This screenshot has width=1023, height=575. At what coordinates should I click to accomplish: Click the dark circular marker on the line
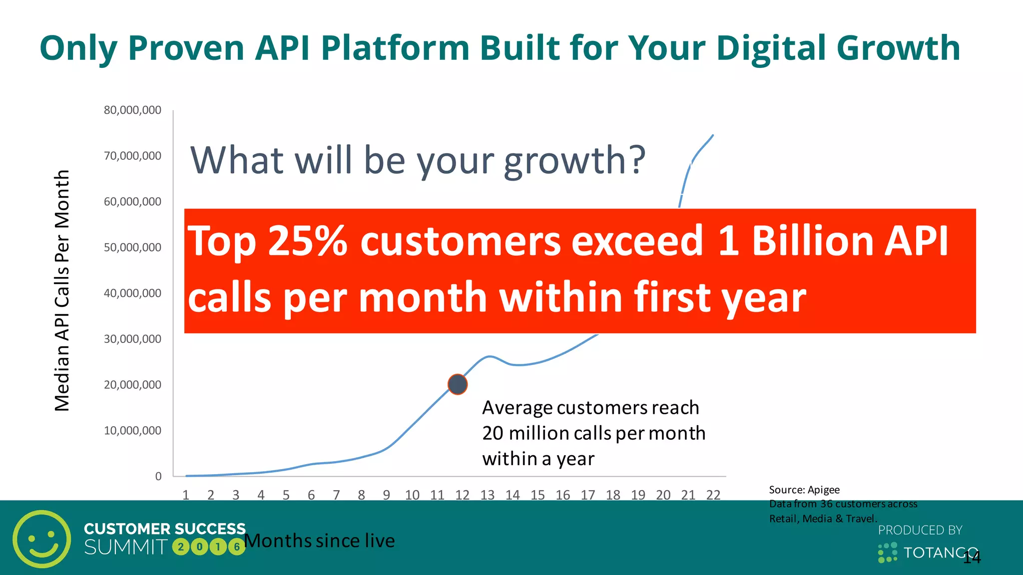point(457,384)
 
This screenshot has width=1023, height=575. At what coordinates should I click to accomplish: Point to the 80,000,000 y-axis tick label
point(132,110)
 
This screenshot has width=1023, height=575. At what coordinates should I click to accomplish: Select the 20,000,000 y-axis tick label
point(132,385)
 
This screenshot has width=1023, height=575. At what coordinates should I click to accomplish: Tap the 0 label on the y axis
point(158,476)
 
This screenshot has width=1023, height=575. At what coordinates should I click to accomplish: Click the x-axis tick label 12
point(462,495)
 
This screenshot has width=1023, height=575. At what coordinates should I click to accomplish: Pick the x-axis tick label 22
point(713,495)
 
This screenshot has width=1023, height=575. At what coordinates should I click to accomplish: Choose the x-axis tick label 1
point(186,495)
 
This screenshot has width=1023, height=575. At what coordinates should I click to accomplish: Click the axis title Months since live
point(320,541)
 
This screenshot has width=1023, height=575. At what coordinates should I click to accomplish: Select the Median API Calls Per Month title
point(62,290)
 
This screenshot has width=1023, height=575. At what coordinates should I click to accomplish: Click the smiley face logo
point(42,539)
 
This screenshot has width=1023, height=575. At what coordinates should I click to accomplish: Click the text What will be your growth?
point(418,160)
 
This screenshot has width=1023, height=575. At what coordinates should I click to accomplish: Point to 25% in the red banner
point(307,241)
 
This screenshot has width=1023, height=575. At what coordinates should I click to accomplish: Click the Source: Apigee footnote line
point(804,490)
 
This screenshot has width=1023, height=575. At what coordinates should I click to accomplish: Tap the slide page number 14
point(972,558)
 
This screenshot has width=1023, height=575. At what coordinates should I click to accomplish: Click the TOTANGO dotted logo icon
point(888,553)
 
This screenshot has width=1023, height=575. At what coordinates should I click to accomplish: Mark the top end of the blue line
point(712,135)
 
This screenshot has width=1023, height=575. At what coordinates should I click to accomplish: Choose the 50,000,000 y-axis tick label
point(132,247)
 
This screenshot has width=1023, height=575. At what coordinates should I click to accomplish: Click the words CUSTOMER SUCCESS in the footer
point(164,529)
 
